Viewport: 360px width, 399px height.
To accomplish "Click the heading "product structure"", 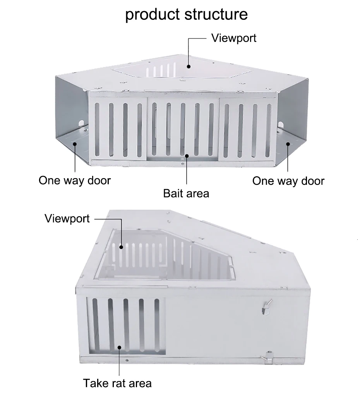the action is [x=186, y=15].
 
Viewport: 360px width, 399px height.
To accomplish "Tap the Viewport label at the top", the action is [x=233, y=38].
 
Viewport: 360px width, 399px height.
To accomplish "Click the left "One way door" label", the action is [x=74, y=181].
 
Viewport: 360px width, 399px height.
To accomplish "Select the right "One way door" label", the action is [x=288, y=181].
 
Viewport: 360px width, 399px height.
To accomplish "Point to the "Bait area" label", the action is [x=186, y=193].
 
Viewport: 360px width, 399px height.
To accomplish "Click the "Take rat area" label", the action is [x=117, y=384].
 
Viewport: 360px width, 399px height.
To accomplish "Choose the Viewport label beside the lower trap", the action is [x=67, y=218].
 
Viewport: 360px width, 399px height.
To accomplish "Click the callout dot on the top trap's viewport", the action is [x=189, y=66].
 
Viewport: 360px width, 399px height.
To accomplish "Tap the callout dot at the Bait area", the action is [x=187, y=156].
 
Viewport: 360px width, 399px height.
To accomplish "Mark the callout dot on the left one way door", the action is [x=75, y=144].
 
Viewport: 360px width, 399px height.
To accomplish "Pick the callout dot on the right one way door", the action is [x=288, y=144].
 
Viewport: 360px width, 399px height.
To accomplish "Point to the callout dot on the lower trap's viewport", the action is [x=122, y=246].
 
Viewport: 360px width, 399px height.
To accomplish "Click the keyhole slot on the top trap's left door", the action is [x=82, y=124].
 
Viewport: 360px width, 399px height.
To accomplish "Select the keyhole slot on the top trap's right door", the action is [x=281, y=125].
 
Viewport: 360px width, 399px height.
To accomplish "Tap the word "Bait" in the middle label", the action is [x=172, y=193].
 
